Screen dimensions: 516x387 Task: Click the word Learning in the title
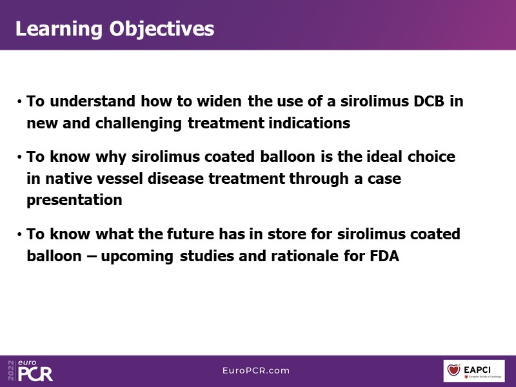point(59,30)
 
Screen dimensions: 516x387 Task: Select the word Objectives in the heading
point(162,30)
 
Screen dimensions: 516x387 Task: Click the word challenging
point(139,124)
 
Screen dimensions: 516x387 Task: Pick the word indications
point(310,123)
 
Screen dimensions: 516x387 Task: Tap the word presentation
point(74,201)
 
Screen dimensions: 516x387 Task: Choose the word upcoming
point(137,257)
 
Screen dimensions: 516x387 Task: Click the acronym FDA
point(384,256)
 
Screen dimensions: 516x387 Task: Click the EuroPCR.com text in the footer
point(256,370)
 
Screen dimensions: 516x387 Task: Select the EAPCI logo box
point(474,371)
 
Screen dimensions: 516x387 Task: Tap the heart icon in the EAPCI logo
point(453,370)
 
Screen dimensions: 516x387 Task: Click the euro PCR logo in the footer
point(35,371)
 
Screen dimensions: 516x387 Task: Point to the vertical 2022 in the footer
point(12,370)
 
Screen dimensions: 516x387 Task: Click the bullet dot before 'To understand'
point(20,102)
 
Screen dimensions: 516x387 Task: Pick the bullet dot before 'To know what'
point(20,235)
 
